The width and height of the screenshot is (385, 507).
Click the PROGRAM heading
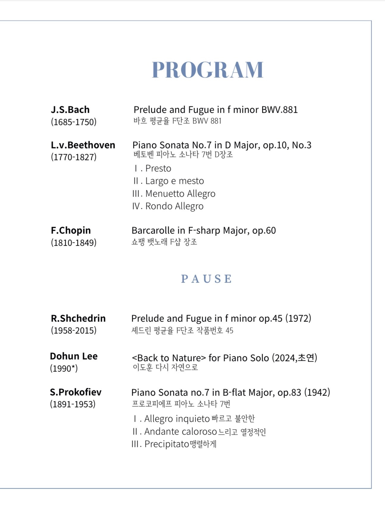pos(208,70)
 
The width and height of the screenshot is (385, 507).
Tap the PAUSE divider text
pos(206,279)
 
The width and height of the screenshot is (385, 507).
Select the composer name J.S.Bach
pos(70,110)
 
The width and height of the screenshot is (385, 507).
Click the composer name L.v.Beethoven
pos(83,145)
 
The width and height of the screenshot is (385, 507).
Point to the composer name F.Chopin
pos(71,230)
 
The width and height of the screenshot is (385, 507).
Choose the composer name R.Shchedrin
pos(78,318)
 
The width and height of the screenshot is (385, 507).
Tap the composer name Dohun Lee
pos(74,356)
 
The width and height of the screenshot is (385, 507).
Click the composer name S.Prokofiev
pos(76,392)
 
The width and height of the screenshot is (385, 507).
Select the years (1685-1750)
pos(74,122)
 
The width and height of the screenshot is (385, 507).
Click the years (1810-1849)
pos(74,243)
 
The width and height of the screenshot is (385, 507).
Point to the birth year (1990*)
pos(64,368)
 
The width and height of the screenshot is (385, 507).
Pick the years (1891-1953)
pos(73,404)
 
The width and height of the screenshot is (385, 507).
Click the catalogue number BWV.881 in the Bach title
pos(279,110)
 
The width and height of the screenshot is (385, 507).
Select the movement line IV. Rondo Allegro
pos(168,206)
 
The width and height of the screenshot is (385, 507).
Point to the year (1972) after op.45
pos(298,318)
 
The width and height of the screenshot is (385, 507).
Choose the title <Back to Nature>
pos(169,358)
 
